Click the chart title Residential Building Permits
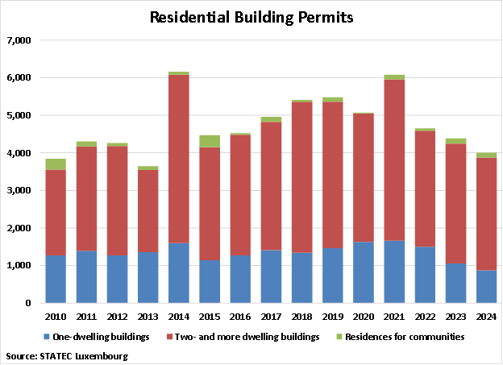tap(251, 17)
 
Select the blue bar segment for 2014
tap(179, 272)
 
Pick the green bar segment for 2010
tap(56, 164)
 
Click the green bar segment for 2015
tap(210, 141)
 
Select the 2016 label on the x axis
tap(240, 318)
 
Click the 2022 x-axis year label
tap(424, 318)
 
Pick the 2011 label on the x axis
tap(86, 318)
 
